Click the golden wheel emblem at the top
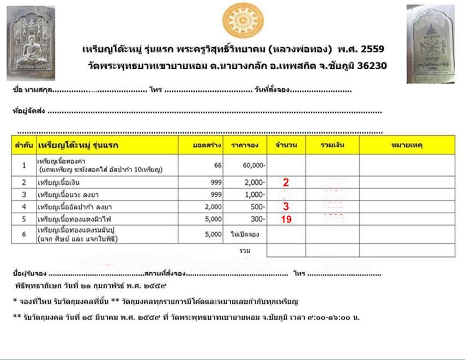click(x=243, y=20)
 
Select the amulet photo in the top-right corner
click(x=430, y=44)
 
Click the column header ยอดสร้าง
click(x=207, y=145)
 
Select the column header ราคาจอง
click(x=245, y=145)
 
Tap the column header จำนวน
click(x=286, y=145)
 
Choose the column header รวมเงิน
click(x=332, y=145)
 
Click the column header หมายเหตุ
click(x=407, y=145)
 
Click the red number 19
click(x=286, y=220)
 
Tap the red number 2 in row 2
click(x=286, y=183)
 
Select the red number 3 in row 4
click(x=286, y=207)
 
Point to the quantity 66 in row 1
click(x=218, y=165)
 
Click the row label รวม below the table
click(x=245, y=250)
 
